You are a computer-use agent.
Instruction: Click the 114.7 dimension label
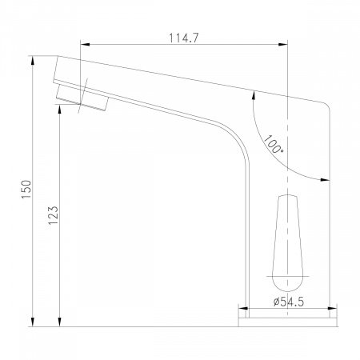tap(184, 38)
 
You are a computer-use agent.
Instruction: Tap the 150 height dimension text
tap(27, 190)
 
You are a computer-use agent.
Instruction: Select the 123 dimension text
tap(54, 215)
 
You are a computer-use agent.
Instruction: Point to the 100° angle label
tap(273, 144)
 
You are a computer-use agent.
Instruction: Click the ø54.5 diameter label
tap(289, 302)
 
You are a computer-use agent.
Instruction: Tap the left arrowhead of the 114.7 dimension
tap(85, 45)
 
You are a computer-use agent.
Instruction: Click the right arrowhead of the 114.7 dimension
tap(283, 45)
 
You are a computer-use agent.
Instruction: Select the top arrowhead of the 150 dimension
tap(33, 61)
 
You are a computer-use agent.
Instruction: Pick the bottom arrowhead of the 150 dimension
tap(33, 322)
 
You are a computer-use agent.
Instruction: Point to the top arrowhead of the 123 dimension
tap(59, 109)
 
